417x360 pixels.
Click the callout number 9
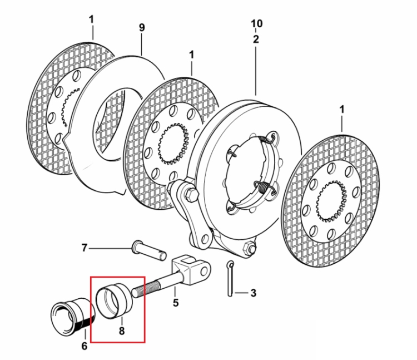(x=142, y=27)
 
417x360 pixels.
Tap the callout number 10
(x=256, y=24)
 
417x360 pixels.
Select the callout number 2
(x=256, y=40)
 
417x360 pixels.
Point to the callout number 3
(x=253, y=293)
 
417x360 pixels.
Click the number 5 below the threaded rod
(x=176, y=303)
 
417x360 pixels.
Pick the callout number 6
(x=85, y=346)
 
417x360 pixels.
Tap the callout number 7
(x=85, y=248)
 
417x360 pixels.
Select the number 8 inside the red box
(x=122, y=331)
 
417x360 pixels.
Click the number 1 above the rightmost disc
(x=342, y=110)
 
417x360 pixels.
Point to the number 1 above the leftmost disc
(x=91, y=19)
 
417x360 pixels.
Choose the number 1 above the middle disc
(x=191, y=55)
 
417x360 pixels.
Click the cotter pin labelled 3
(x=230, y=278)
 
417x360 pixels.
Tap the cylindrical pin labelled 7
(x=148, y=250)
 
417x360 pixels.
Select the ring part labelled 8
(x=115, y=300)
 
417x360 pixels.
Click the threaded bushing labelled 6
(x=72, y=316)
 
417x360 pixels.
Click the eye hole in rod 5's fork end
(x=203, y=271)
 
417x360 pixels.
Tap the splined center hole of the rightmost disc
(x=331, y=201)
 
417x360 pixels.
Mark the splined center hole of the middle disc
(x=173, y=144)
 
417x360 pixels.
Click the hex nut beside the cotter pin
(x=250, y=248)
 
